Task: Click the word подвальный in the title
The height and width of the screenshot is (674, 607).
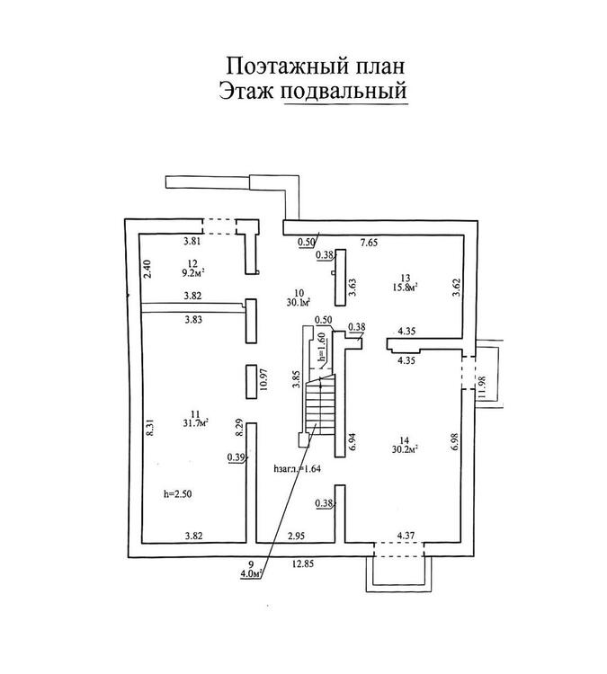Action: [344, 91]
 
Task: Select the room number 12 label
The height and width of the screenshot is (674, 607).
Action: [191, 262]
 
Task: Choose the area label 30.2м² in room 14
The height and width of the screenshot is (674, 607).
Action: [406, 449]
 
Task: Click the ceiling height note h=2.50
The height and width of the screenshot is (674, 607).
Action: [177, 494]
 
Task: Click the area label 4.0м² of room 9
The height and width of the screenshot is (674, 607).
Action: [249, 573]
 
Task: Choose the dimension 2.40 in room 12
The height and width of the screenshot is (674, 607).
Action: [147, 268]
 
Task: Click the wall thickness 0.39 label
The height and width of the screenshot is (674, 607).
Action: [237, 457]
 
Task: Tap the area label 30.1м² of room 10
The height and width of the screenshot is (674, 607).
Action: [299, 302]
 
